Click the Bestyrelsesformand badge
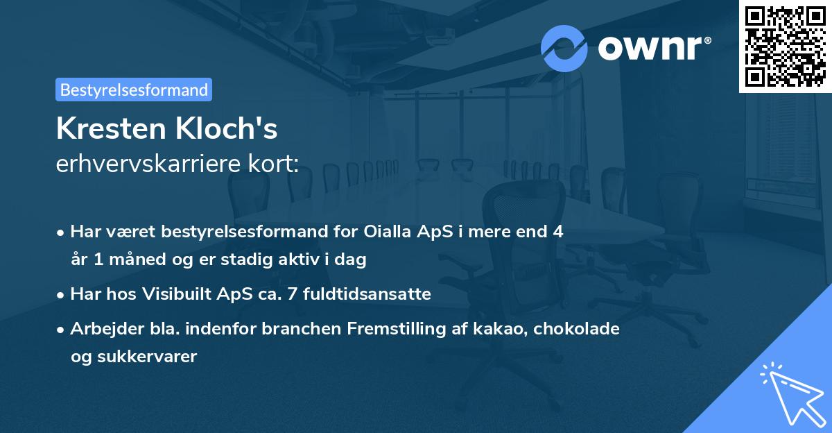point(134,90)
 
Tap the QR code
point(784,46)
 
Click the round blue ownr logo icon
point(564,48)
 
